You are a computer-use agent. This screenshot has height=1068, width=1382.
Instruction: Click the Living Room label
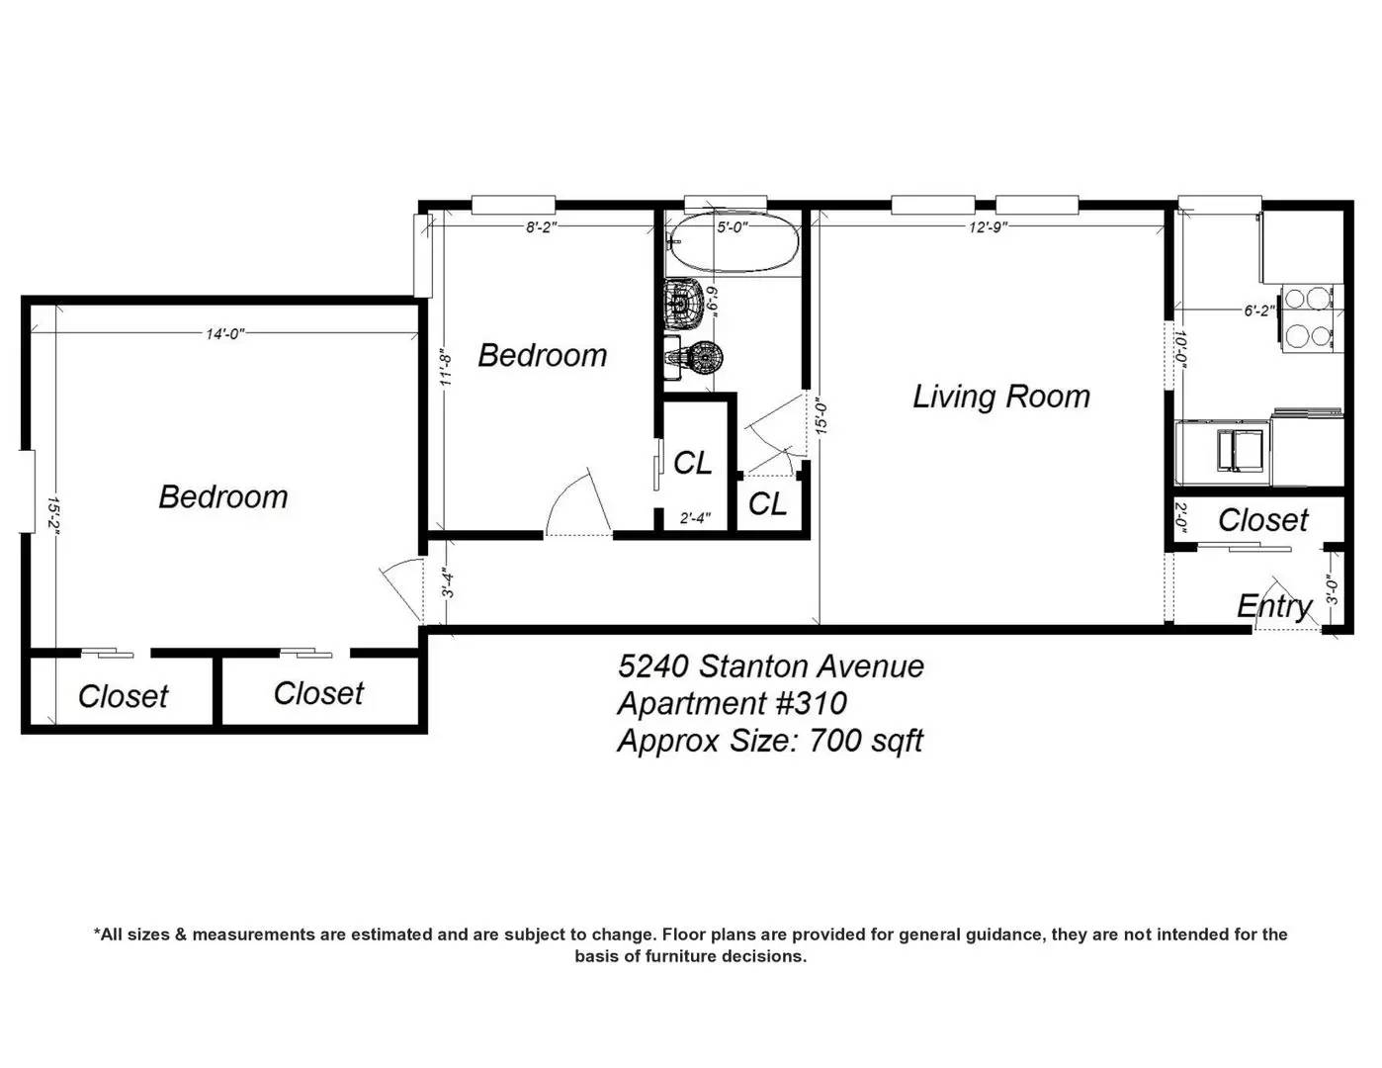click(1001, 397)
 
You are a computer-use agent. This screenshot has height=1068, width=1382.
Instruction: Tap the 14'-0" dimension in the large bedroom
click(225, 333)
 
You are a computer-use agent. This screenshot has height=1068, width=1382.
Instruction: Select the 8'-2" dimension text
click(542, 227)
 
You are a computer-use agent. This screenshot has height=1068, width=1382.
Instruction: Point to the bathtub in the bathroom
click(732, 242)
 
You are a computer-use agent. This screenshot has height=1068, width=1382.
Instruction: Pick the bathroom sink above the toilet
click(684, 305)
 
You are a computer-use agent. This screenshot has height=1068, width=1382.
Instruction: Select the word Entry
click(1274, 606)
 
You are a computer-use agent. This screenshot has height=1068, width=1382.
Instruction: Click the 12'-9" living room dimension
click(988, 227)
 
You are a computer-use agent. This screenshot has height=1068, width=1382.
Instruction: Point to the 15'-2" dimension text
click(53, 516)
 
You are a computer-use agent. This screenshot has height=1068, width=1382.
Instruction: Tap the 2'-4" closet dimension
click(695, 518)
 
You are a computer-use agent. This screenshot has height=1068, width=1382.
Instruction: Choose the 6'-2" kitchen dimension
click(1259, 311)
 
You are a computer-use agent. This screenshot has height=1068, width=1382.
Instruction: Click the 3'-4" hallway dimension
click(449, 582)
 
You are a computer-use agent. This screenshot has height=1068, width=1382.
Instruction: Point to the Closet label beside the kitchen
click(1263, 520)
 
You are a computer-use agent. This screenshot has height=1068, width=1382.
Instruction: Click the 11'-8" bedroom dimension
click(446, 370)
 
